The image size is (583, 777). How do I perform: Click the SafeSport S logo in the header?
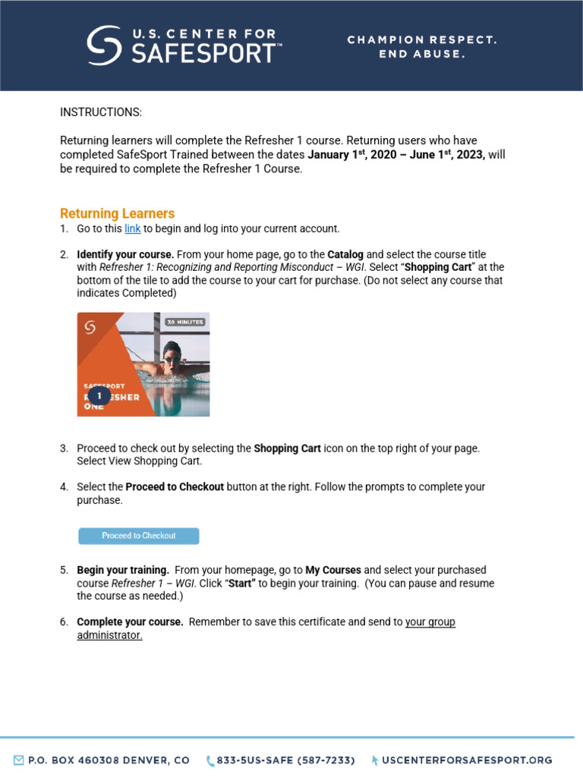103,45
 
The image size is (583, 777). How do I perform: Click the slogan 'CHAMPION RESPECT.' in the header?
422,39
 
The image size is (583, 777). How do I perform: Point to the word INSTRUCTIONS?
101,112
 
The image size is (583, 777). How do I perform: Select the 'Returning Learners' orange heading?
117,213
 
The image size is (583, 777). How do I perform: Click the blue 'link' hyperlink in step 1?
132,228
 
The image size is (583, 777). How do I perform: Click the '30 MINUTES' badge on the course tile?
185,322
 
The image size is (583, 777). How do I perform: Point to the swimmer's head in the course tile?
172,354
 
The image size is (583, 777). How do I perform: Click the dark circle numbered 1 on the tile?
99,396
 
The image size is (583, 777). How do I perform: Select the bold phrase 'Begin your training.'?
123,570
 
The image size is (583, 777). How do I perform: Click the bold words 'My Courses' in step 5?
332,570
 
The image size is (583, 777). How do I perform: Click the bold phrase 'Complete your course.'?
130,622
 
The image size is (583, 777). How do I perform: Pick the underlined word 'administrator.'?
109,635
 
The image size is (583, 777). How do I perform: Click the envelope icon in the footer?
18,760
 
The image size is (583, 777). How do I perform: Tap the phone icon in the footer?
210,760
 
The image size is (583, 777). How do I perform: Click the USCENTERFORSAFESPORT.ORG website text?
467,760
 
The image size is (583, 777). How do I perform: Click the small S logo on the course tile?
90,326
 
